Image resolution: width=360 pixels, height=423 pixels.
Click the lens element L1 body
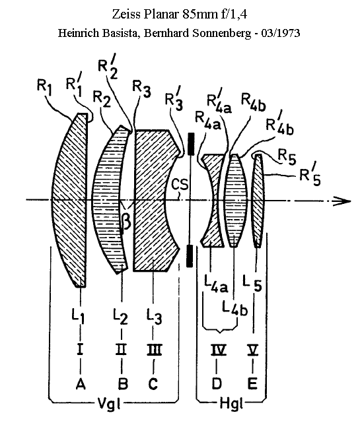click(71, 200)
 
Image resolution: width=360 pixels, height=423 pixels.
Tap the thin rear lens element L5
click(258, 201)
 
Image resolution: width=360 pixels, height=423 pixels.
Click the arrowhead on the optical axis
click(342, 201)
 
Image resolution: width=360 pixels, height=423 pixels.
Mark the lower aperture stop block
click(190, 256)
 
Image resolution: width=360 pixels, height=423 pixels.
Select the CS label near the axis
click(180, 185)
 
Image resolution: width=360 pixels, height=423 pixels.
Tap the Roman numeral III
click(154, 350)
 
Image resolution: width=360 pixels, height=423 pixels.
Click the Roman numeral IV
click(218, 350)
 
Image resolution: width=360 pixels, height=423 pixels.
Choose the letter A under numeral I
click(81, 383)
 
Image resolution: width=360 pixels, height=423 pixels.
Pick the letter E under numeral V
click(252, 383)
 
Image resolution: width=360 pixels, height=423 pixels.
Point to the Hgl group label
click(232, 404)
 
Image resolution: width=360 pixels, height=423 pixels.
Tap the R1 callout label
click(44, 87)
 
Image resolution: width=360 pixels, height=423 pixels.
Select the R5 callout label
click(287, 156)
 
